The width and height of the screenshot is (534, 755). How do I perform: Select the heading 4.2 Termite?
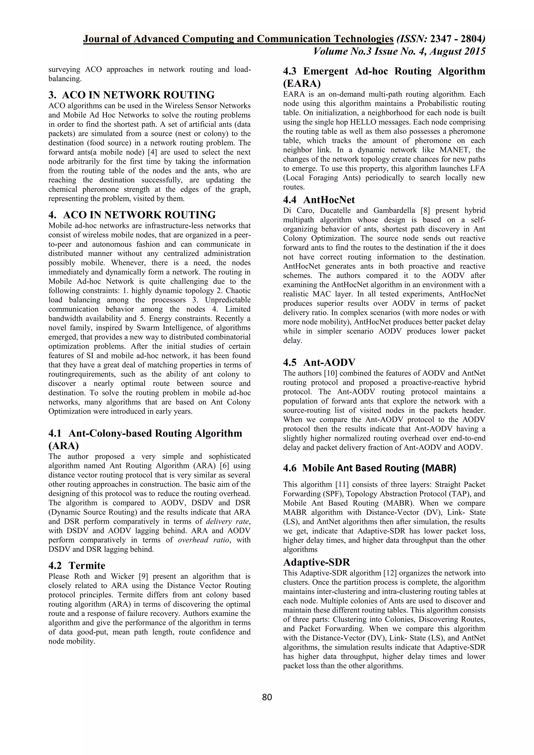[77, 565]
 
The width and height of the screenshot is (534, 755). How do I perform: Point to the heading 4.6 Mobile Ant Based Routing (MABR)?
[369, 468]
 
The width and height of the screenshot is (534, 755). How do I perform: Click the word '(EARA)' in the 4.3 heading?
[301, 83]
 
